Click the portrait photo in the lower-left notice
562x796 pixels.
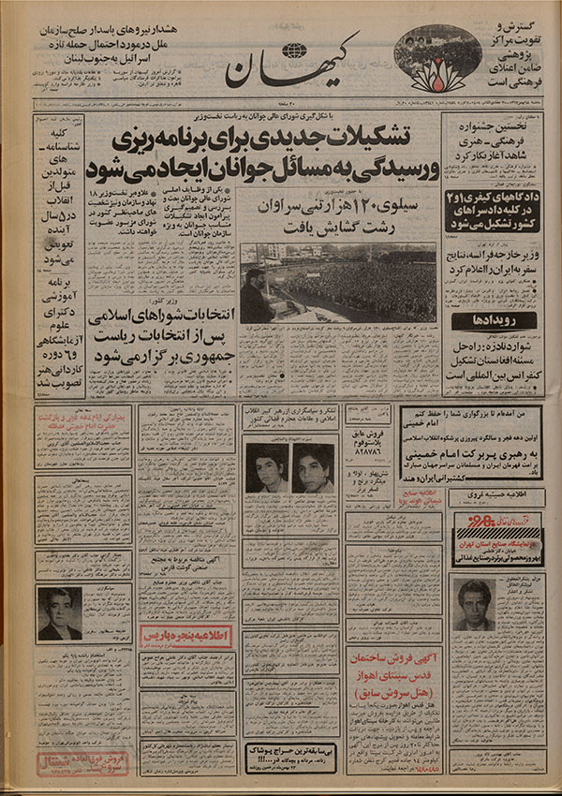pyautogui.click(x=59, y=612)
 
